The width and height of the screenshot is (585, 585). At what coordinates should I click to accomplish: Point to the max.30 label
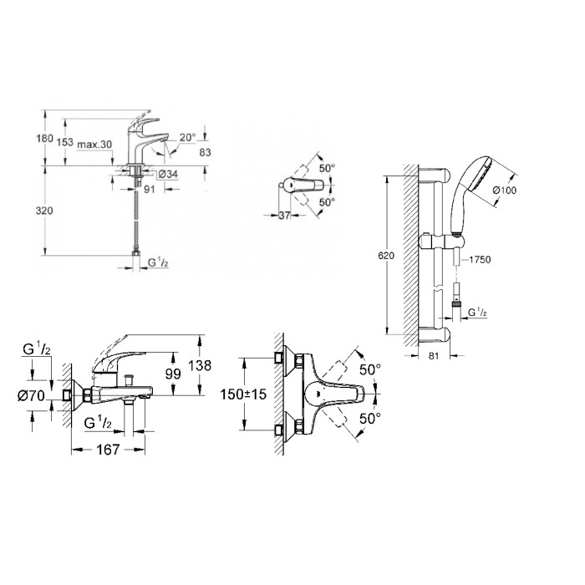coord(94,145)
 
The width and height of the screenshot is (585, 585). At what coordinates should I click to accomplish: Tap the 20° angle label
coord(186,137)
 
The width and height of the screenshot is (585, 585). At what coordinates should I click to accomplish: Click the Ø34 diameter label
coord(168,175)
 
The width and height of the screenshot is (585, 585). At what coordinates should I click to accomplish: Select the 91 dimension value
coord(148,189)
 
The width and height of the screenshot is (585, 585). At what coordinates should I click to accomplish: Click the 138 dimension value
coord(216,365)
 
